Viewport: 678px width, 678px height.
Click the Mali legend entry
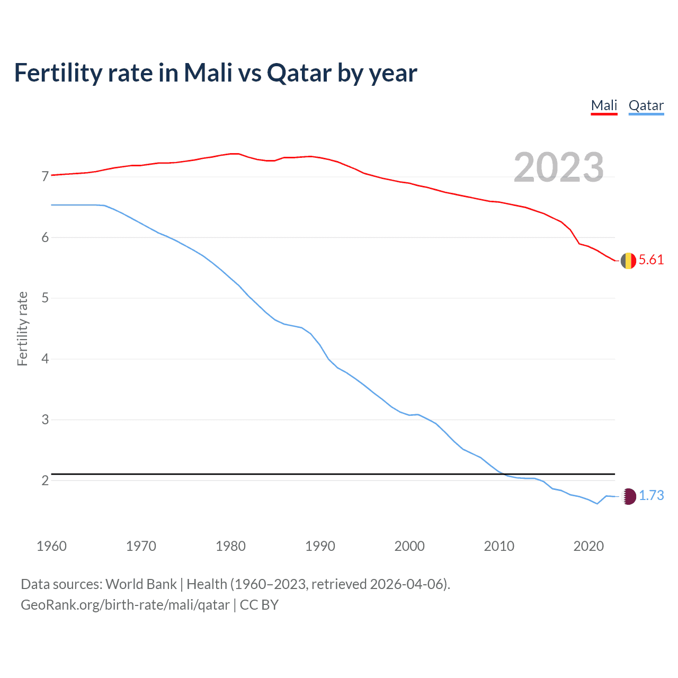pos(604,105)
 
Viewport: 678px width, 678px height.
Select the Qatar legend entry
pos(646,105)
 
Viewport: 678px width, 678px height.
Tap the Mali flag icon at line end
pos(628,261)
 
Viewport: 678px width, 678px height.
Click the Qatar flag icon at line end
pos(628,496)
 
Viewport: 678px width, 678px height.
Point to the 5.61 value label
pos(651,260)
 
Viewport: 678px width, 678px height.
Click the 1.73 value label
pos(651,496)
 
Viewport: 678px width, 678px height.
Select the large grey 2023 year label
pos(558,167)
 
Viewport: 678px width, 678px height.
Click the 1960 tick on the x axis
pos(51,546)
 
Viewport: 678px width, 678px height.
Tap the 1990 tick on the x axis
pos(320,546)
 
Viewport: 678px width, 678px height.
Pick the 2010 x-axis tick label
pos(499,546)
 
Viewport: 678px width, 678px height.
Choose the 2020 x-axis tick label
pos(588,546)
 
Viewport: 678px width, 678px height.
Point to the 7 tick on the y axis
pos(45,176)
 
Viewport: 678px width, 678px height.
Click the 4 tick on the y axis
pos(45,359)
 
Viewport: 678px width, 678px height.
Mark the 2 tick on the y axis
pos(45,481)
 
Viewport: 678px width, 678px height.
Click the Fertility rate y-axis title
pos(22,328)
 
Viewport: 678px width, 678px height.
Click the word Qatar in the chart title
pos(299,73)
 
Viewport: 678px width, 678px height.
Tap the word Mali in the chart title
pos(208,73)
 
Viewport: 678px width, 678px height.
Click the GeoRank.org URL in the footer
pos(125,605)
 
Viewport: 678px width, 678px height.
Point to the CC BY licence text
pos(259,605)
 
